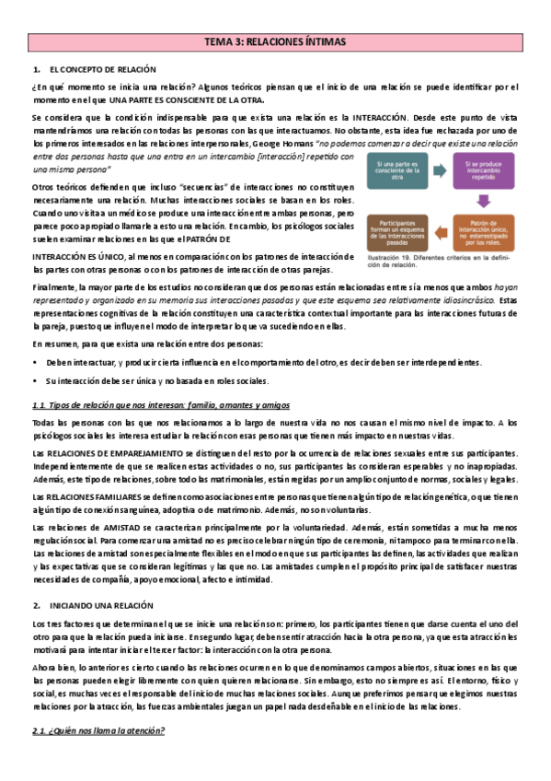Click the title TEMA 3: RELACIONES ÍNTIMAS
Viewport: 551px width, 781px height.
pyautogui.click(x=275, y=42)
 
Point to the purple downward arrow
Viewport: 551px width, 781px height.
pyautogui.click(x=483, y=203)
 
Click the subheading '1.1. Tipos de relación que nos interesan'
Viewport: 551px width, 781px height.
pyautogui.click(x=161, y=404)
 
